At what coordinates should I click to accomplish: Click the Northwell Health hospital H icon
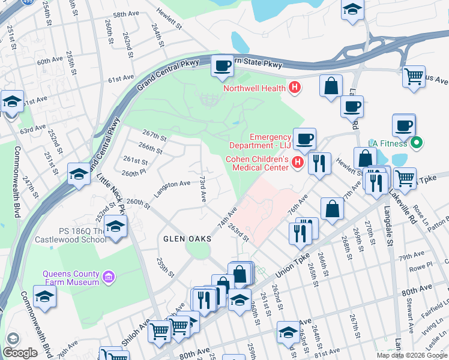point(294,88)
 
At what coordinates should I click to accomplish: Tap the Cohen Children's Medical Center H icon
point(297,163)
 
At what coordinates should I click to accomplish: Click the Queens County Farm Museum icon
point(107,277)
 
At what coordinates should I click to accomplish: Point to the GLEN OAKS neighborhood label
point(187,239)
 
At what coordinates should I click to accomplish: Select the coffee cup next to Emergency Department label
point(304,139)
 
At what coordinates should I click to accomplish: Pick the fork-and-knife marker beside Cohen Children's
point(319,163)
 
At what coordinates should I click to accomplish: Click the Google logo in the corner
point(20,353)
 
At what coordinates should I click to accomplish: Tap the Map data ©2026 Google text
point(412,355)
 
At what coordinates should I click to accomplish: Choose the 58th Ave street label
point(126,14)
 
